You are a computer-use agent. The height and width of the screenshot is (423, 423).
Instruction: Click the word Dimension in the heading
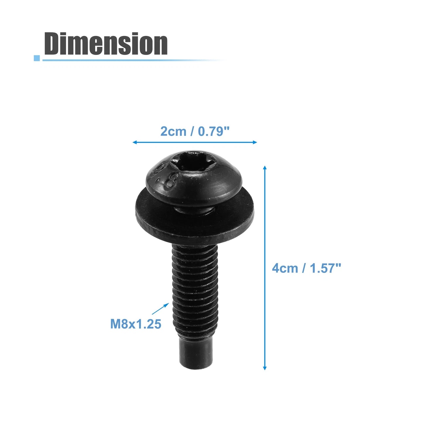click(106, 44)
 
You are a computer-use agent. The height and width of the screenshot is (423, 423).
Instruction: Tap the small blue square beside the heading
click(37, 58)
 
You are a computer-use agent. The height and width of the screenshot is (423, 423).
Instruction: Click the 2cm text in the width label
click(173, 131)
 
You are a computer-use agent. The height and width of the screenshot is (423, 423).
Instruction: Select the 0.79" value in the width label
click(213, 131)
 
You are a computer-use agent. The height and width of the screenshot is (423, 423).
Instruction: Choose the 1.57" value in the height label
click(326, 268)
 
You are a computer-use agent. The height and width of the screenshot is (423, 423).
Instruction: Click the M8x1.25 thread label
click(136, 324)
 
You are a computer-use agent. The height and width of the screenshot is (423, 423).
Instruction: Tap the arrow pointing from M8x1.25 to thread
click(161, 309)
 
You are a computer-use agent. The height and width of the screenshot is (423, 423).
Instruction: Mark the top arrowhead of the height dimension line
click(265, 168)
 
